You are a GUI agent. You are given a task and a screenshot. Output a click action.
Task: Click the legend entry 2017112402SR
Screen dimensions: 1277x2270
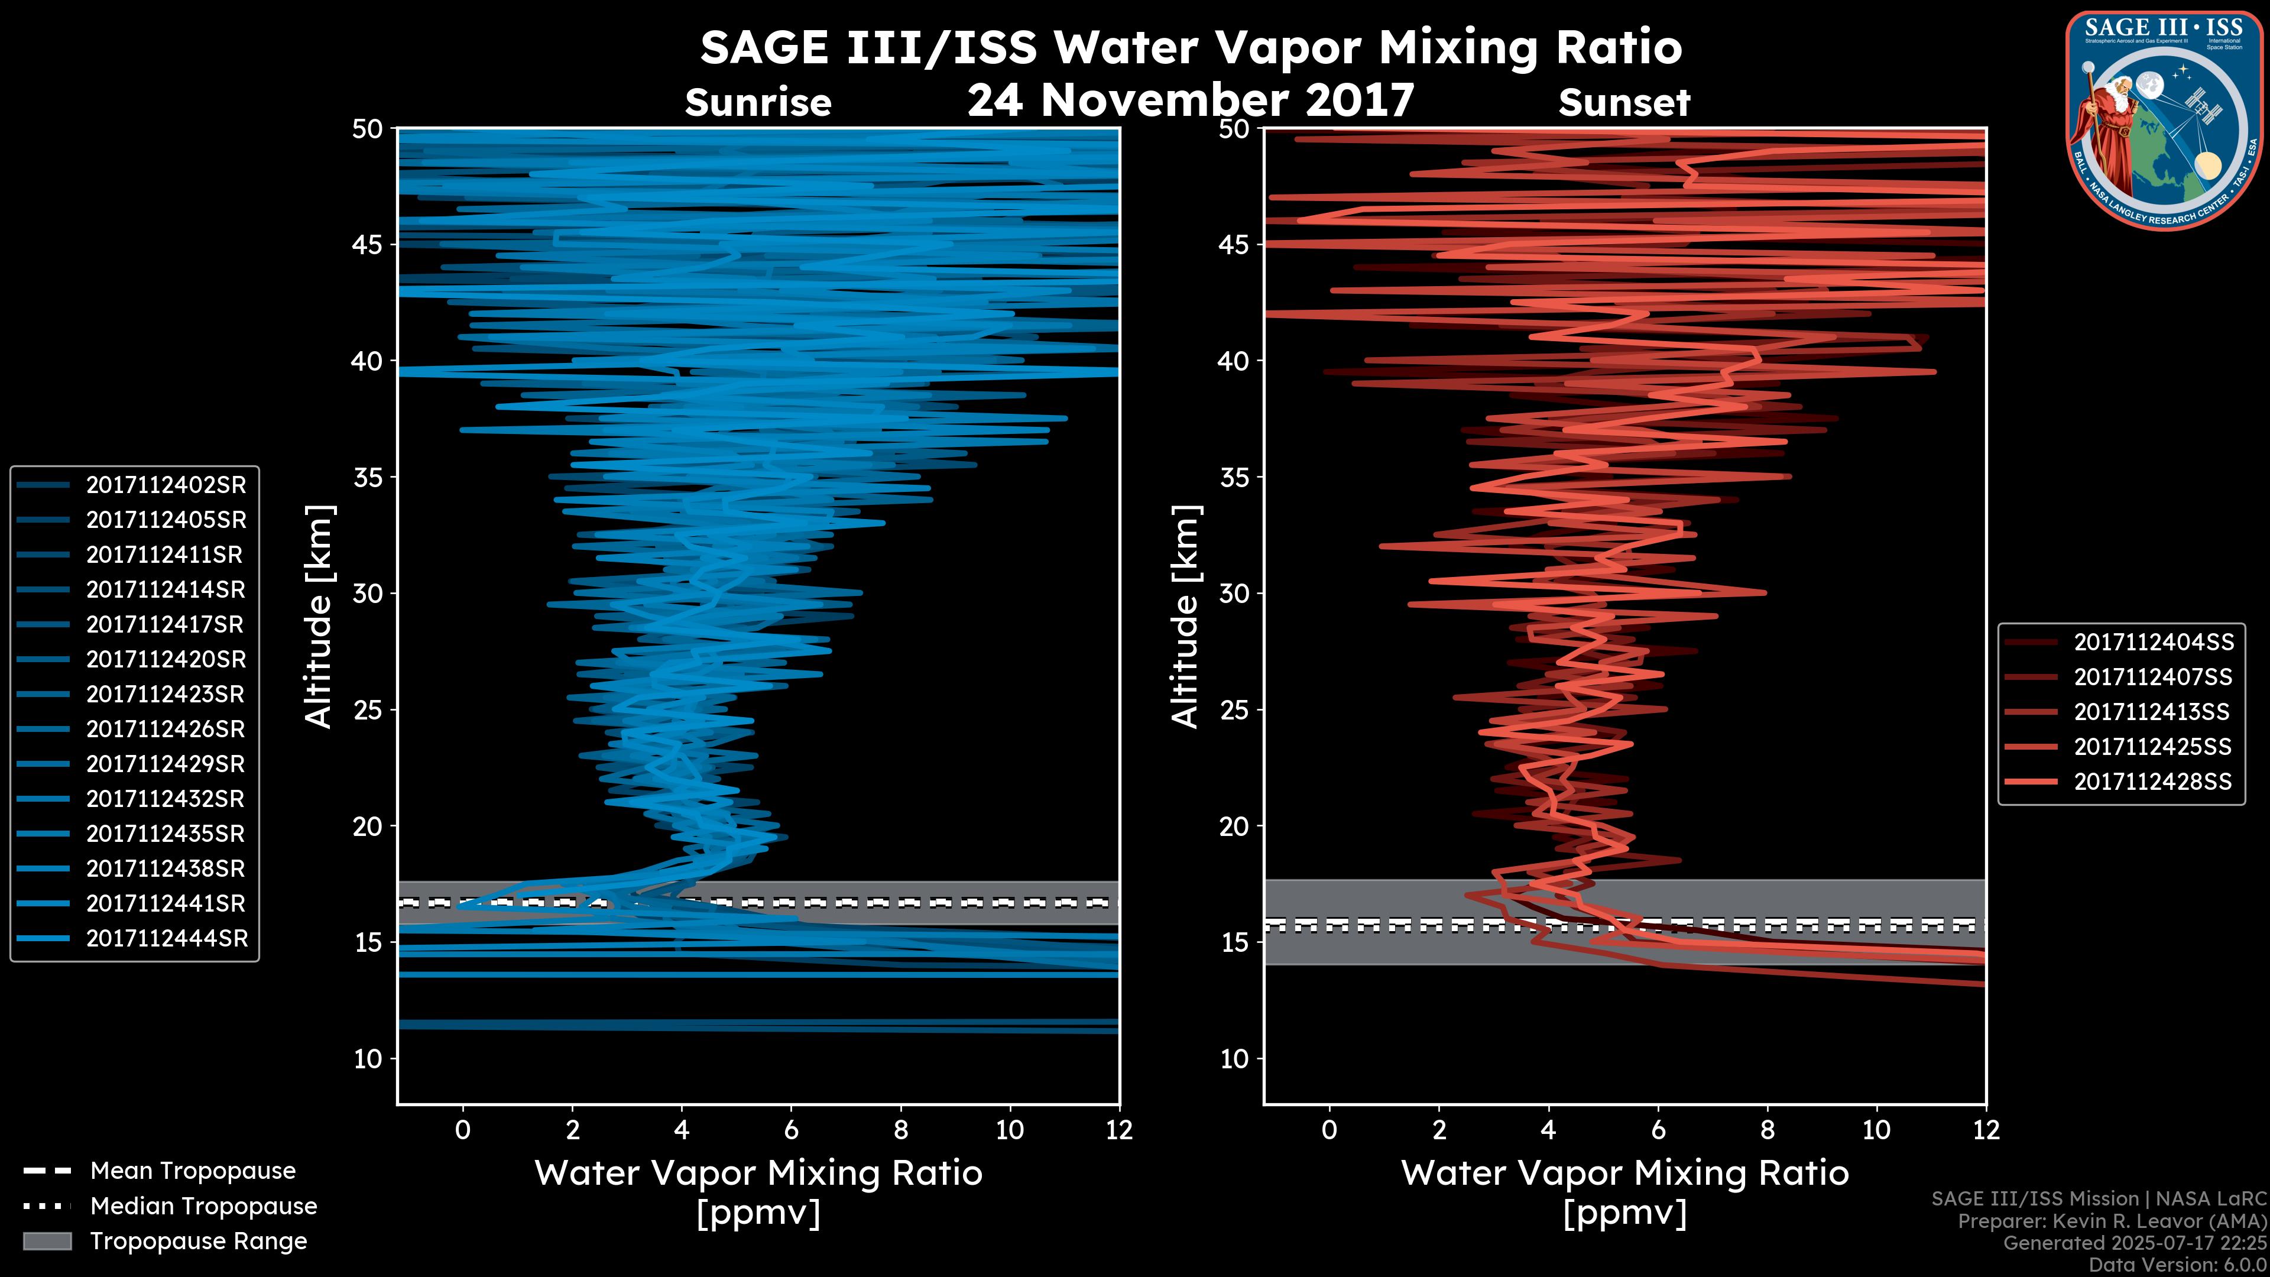click(x=166, y=485)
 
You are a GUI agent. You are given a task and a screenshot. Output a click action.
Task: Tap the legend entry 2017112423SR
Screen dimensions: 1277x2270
click(x=165, y=695)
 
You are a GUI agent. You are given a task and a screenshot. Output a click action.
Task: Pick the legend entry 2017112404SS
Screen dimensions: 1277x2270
click(x=2153, y=643)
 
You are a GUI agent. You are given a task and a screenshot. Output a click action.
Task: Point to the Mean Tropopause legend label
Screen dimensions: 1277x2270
click(x=193, y=1171)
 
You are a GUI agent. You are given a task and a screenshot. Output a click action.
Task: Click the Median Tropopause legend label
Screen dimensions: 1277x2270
click(x=203, y=1207)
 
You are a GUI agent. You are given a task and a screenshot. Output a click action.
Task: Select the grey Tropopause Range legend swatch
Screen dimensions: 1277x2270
click(x=47, y=1241)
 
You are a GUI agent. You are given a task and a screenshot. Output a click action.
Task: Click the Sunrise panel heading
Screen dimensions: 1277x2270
click(x=758, y=103)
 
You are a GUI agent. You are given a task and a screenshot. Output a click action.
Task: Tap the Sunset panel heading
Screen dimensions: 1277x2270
click(x=1624, y=103)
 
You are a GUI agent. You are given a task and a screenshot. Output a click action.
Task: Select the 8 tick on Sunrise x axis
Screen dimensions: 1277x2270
click(x=900, y=1130)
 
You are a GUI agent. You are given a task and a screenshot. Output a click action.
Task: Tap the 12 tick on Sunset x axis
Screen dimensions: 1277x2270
click(x=1986, y=1130)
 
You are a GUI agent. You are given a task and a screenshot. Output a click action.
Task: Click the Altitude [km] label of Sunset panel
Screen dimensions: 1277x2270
click(x=1185, y=616)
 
